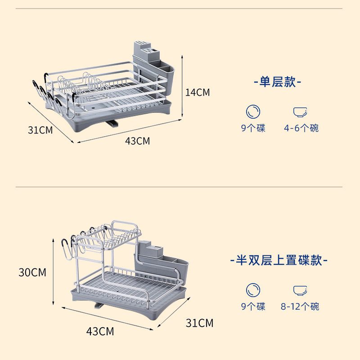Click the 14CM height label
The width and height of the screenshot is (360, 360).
pyautogui.click(x=198, y=93)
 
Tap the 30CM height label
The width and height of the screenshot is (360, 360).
pyautogui.click(x=32, y=272)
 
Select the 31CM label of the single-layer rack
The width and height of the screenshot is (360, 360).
pyautogui.click(x=40, y=130)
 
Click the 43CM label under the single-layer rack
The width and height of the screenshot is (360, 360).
pyautogui.click(x=137, y=141)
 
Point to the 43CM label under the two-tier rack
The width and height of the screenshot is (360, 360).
pyautogui.click(x=100, y=332)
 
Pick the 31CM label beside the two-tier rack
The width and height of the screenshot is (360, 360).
pyautogui.click(x=199, y=323)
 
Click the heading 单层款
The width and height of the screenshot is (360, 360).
pyautogui.click(x=277, y=82)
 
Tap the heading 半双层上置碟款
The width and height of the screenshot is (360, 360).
pyautogui.click(x=279, y=260)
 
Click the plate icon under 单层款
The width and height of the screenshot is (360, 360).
pyautogui.click(x=253, y=112)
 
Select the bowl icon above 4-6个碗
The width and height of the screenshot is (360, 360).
pyautogui.click(x=300, y=112)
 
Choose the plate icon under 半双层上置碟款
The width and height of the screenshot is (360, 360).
pyautogui.click(x=253, y=290)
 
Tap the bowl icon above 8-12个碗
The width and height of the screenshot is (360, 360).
pyautogui.click(x=300, y=290)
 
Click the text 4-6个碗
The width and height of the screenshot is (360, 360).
pyautogui.click(x=301, y=129)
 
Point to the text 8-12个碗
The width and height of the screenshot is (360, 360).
pyautogui.click(x=300, y=307)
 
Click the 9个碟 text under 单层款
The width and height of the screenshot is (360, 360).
pyautogui.click(x=253, y=129)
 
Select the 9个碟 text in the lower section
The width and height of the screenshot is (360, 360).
pyautogui.click(x=253, y=307)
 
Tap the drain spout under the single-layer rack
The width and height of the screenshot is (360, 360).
pyautogui.click(x=112, y=123)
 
